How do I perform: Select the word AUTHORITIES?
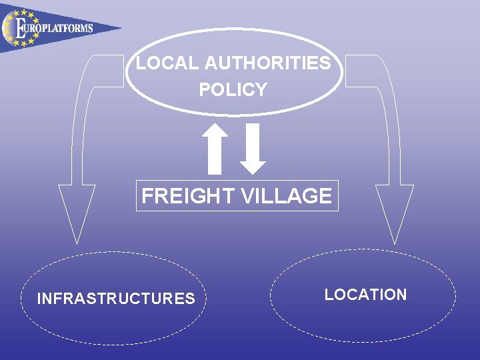(x=267, y=63)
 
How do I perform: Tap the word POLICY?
(x=233, y=89)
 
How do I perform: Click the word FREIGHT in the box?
(x=179, y=196)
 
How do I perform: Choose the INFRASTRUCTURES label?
(x=116, y=298)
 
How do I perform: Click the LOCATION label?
(x=365, y=295)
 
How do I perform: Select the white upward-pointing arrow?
(x=215, y=146)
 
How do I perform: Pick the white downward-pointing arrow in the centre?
(x=253, y=147)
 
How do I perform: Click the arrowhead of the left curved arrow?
(x=77, y=210)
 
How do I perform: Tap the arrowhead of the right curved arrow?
(x=395, y=210)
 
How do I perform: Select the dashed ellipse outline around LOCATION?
(x=363, y=250)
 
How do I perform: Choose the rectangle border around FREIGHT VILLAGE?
(x=237, y=181)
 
